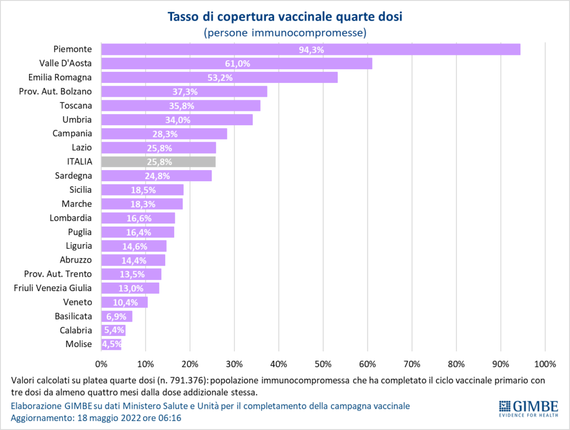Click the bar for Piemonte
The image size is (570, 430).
click(x=310, y=49)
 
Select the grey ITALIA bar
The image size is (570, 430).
click(x=158, y=162)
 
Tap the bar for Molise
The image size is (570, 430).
click(x=111, y=344)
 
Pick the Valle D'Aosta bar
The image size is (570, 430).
click(x=236, y=63)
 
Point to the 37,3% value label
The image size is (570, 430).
click(x=185, y=91)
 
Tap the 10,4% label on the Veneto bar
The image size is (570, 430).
click(x=125, y=302)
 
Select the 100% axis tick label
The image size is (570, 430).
click(x=545, y=364)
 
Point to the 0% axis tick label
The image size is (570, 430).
click(x=101, y=364)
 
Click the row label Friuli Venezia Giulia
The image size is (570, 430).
click(x=53, y=288)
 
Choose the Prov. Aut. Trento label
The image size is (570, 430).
click(x=58, y=274)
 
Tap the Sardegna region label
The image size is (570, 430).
click(x=73, y=175)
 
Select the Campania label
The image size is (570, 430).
click(x=72, y=134)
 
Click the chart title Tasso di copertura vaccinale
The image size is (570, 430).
click(x=285, y=16)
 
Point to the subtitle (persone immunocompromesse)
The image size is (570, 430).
click(x=285, y=33)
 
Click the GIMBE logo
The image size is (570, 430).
click(x=528, y=407)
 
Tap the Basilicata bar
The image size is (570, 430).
click(x=117, y=316)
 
